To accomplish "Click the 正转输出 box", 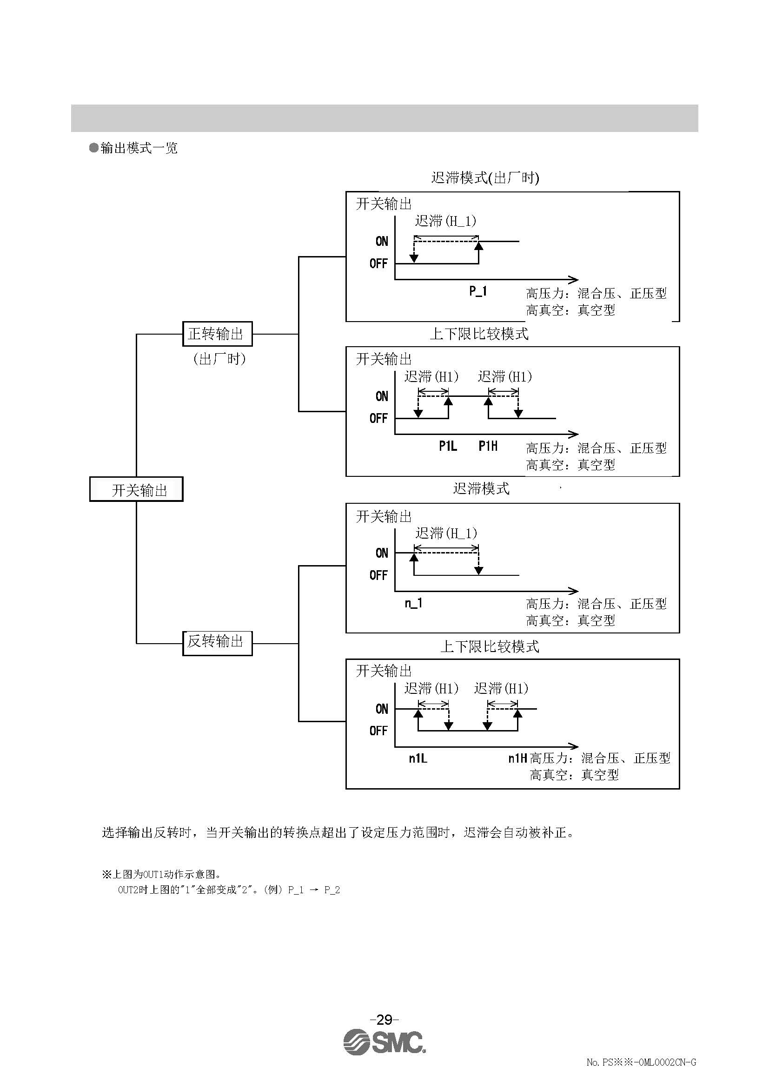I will click(x=217, y=334).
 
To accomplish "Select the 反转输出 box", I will click(x=217, y=643).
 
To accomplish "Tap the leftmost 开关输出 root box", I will click(x=136, y=489).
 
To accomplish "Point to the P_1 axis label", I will click(x=478, y=291).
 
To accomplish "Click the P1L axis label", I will click(x=448, y=446).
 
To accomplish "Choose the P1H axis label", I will click(x=488, y=446).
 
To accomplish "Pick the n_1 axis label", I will click(x=413, y=603).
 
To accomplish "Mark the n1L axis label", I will click(x=418, y=758).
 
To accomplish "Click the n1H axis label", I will click(x=517, y=758).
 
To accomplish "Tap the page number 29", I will click(x=384, y=1019).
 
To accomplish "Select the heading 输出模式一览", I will click(x=138, y=148).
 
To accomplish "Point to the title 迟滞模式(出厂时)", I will click(x=485, y=178).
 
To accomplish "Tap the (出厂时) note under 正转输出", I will click(x=219, y=359).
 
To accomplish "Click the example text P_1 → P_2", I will click(x=314, y=889).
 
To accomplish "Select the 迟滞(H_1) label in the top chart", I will click(x=445, y=221).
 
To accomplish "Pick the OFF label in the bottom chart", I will click(x=378, y=731).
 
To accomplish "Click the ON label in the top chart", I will click(x=382, y=242).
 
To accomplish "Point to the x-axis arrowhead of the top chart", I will click(x=574, y=279).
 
